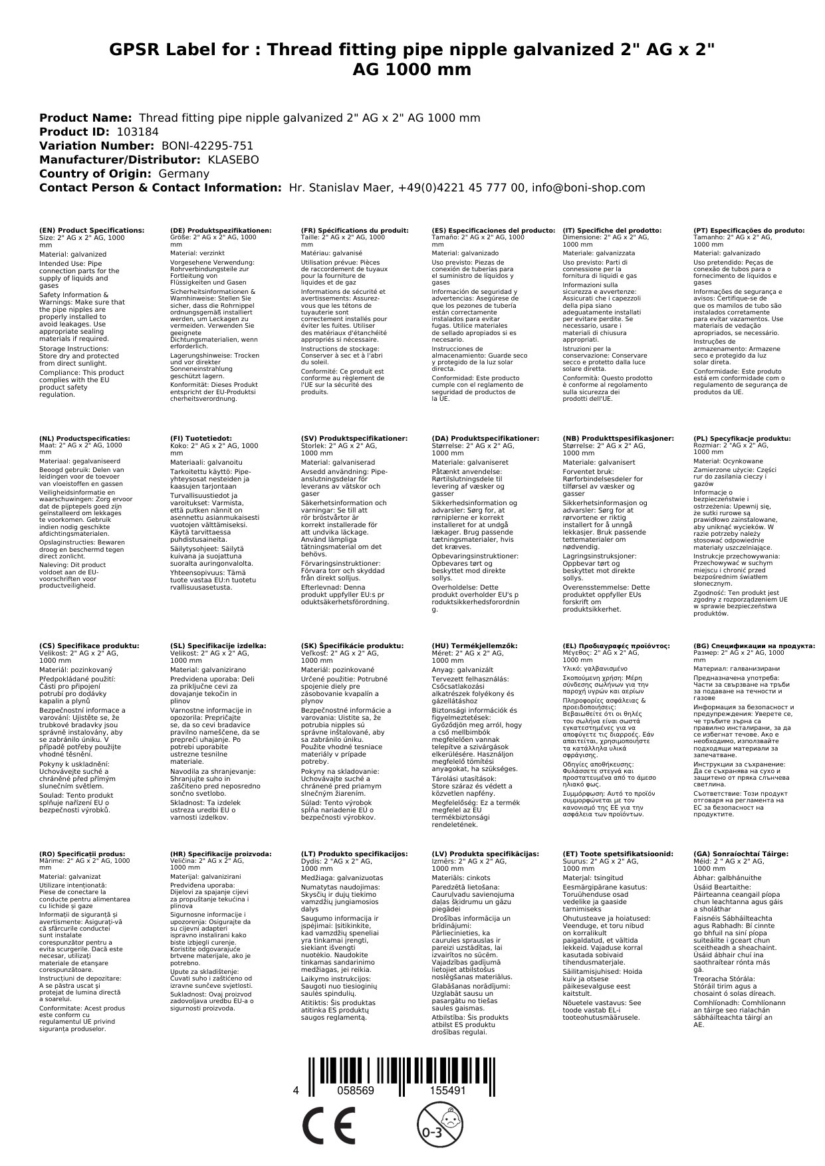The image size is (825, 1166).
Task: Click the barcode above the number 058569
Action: click(356, 1069)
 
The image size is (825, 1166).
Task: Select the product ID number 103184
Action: click(138, 132)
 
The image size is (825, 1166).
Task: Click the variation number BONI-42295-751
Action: click(207, 146)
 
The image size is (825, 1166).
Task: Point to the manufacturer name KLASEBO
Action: click(233, 160)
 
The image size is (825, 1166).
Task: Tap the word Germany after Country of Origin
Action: click(183, 174)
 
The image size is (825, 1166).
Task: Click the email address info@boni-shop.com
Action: click(588, 187)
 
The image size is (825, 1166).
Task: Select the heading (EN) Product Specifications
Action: click(92, 231)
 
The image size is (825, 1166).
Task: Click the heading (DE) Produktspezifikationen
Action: click(221, 231)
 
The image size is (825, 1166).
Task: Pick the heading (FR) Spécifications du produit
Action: click(354, 231)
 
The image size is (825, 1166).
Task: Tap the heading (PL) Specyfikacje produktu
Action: click(742, 439)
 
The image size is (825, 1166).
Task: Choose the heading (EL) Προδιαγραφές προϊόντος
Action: click(616, 645)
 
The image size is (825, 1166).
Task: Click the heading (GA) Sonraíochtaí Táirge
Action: click(741, 854)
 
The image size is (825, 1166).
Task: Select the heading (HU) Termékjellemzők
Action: click(474, 645)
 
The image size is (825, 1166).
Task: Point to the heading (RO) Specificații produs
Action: click(82, 854)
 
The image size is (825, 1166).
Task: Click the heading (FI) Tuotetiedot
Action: click(201, 439)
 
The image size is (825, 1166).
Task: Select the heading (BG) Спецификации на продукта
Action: click(754, 645)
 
